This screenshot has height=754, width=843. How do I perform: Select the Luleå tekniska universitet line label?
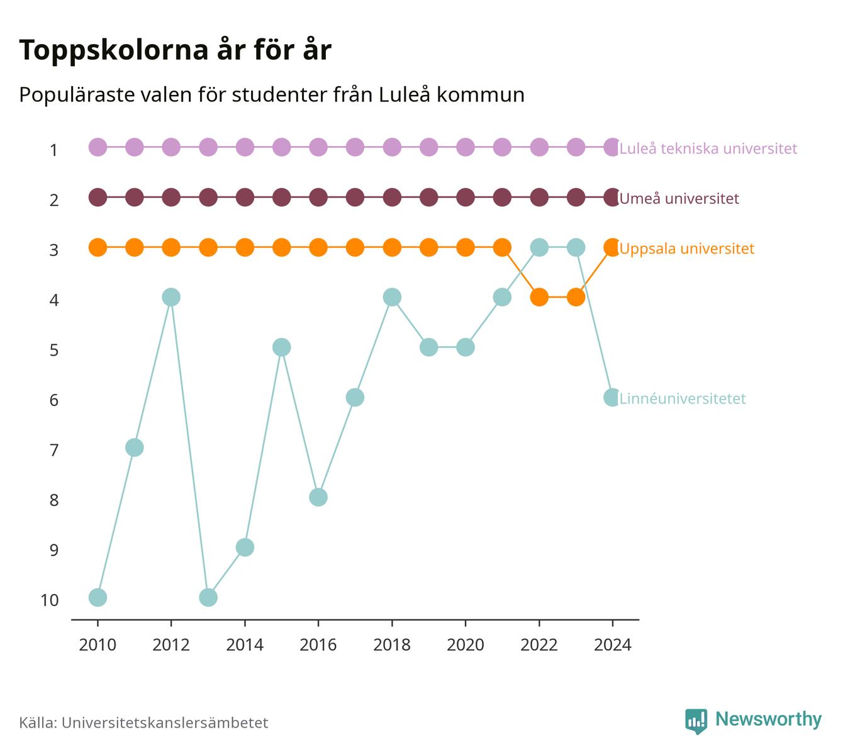point(708,148)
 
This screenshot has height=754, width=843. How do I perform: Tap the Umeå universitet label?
point(679,198)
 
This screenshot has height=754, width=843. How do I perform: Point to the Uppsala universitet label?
point(686,249)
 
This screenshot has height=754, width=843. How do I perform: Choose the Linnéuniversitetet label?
point(683,398)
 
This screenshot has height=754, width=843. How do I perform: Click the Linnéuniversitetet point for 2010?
point(98,597)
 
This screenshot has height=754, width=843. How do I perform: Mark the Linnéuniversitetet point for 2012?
point(171,297)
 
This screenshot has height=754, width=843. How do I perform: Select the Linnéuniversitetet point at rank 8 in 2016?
point(318,497)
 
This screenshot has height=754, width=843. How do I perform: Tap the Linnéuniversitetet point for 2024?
point(612,397)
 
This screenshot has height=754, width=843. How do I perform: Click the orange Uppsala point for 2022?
point(539,297)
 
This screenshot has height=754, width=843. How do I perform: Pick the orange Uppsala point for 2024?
point(612,247)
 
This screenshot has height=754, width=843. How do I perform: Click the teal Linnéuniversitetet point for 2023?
point(576,247)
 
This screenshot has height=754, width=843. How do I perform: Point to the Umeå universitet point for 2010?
point(98,198)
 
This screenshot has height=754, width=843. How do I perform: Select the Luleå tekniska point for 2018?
point(392,147)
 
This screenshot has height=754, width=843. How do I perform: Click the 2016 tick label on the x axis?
point(318,645)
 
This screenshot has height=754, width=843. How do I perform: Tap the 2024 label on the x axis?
point(613,645)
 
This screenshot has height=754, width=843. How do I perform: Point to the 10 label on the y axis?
point(50,600)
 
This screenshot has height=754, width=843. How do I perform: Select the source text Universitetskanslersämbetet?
point(165,723)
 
